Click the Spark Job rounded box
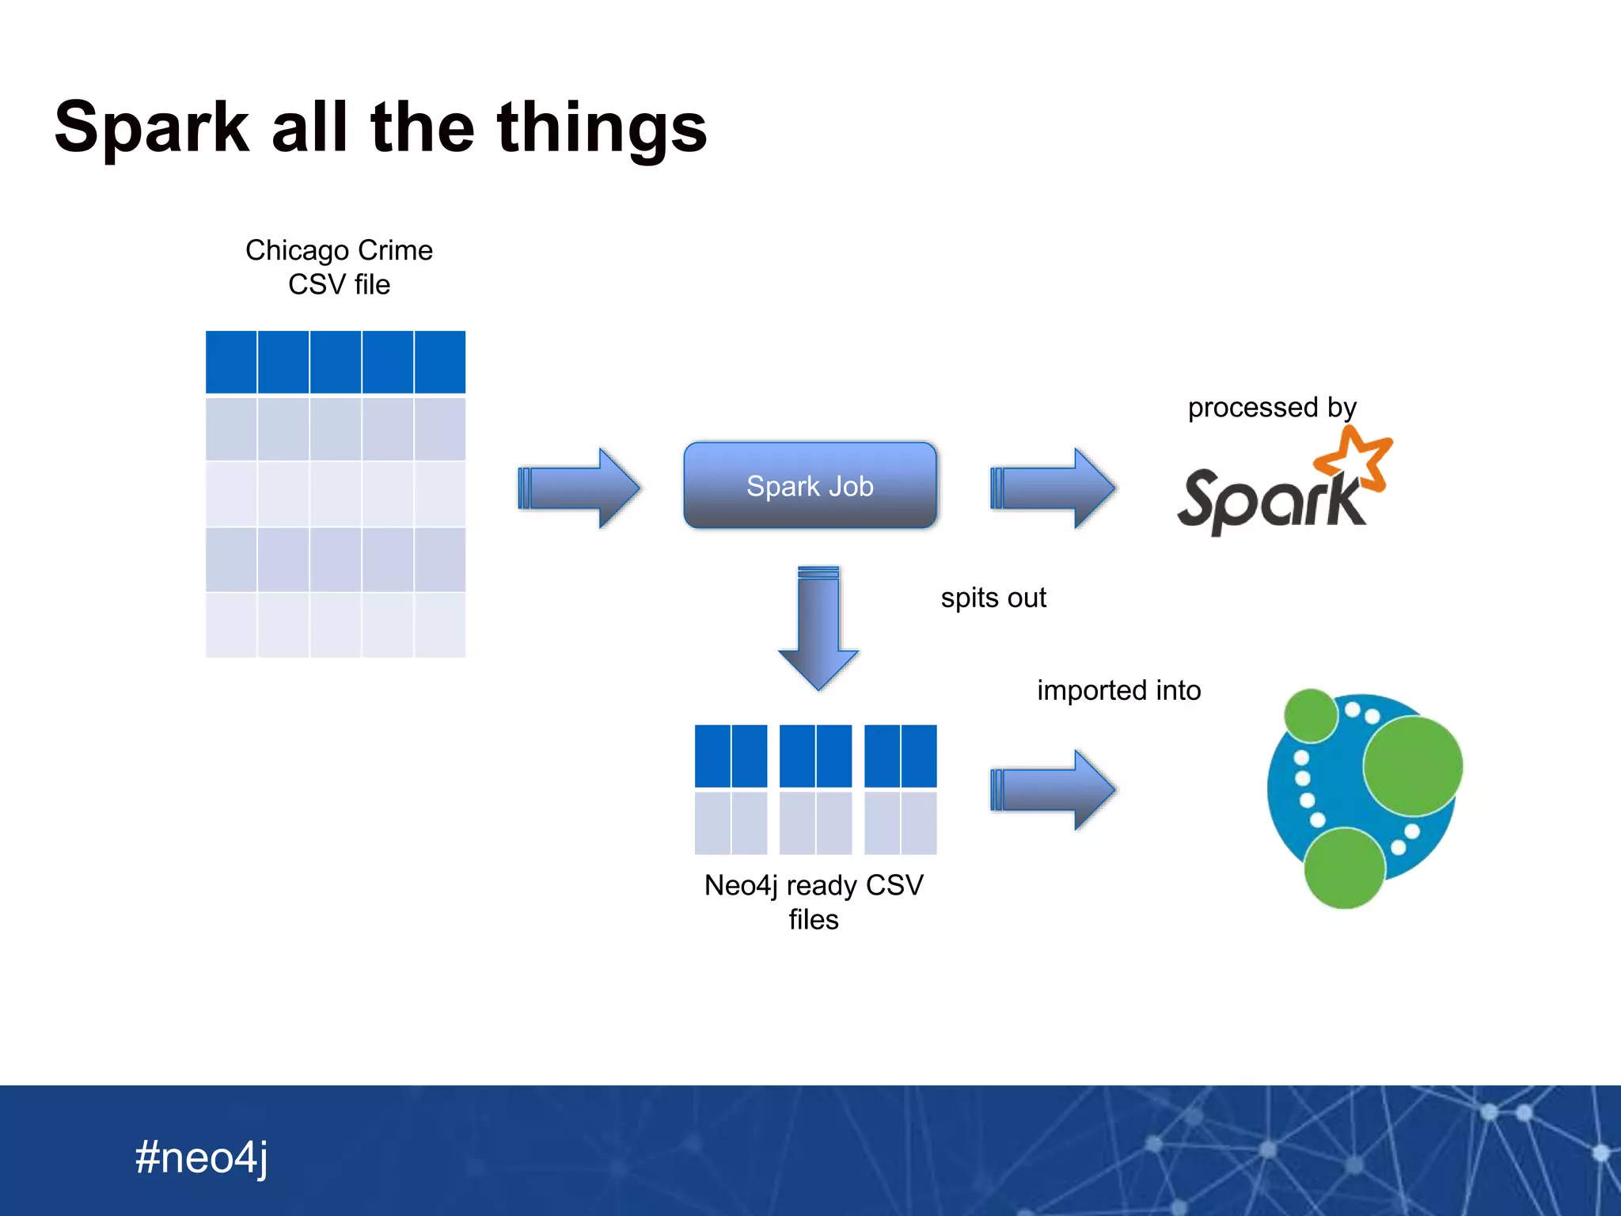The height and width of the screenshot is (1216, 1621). (810, 485)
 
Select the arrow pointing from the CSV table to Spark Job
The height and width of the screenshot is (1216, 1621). (579, 488)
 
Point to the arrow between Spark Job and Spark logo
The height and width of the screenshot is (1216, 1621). (1053, 488)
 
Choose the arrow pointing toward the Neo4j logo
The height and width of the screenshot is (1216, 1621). (1053, 789)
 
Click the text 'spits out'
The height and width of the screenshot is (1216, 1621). (993, 598)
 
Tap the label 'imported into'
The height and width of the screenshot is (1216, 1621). (1118, 690)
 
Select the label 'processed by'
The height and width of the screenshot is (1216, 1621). (1271, 408)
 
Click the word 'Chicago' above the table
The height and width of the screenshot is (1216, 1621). (297, 250)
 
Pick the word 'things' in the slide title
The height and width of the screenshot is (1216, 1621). (602, 128)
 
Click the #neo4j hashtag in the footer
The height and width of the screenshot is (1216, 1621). (201, 1157)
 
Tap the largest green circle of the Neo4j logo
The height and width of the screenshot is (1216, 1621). (1413, 766)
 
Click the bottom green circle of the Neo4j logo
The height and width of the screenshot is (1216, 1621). (1344, 868)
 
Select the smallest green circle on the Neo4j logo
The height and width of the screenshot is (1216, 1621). (1310, 715)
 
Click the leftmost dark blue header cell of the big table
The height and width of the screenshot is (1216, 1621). (231, 362)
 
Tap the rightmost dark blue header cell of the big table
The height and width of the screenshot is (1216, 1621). (440, 362)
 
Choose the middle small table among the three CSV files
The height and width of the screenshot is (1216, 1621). (815, 789)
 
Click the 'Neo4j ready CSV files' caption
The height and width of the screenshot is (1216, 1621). (814, 902)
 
